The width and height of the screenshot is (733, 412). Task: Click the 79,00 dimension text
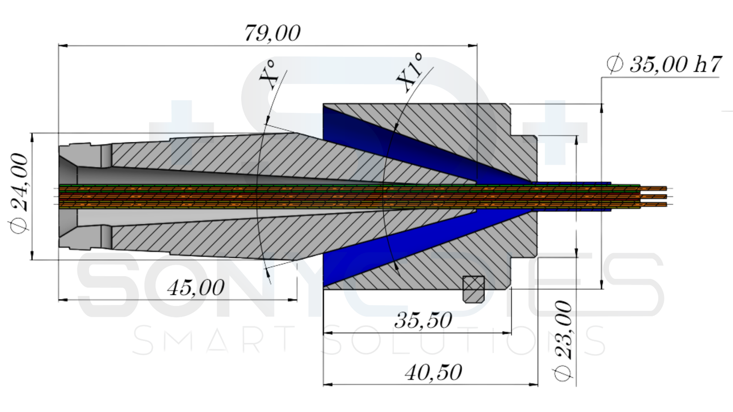pos(272,33)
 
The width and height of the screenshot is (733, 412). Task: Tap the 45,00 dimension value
pos(196,288)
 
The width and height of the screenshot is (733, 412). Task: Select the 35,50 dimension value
pos(423,320)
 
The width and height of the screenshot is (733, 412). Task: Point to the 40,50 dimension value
pos(433,373)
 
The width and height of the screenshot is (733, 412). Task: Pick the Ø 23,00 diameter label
pos(564,341)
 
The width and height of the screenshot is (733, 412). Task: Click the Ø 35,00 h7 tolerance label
pos(663,65)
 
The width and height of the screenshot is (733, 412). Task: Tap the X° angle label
pos(269,75)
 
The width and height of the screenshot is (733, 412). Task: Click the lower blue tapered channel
pos(412,249)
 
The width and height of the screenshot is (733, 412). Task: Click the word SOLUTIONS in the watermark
pos(463,342)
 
